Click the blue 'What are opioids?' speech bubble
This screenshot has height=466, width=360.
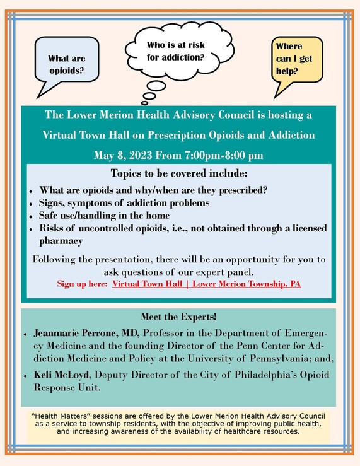tap(66, 63)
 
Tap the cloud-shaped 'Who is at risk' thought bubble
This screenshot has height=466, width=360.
tap(175, 50)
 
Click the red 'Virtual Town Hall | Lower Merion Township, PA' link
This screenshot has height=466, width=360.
tap(206, 284)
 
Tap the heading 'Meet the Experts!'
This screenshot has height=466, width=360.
tap(180, 317)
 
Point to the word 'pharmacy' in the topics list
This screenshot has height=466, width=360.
tap(62, 240)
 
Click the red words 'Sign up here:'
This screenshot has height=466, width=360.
tap(83, 284)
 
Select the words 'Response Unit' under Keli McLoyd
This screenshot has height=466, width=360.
tap(73, 388)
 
